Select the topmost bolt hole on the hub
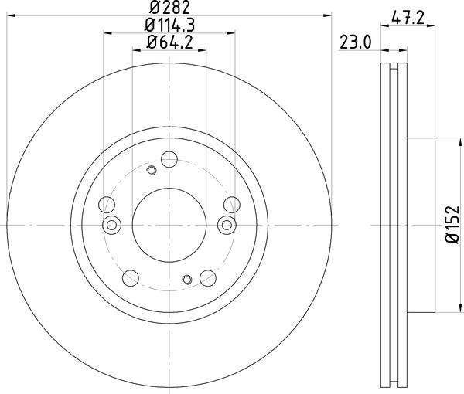169,161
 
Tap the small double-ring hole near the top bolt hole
152,170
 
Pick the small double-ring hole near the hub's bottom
186,279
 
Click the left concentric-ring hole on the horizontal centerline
112,225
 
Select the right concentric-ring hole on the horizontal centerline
226,225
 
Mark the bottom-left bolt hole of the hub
131,276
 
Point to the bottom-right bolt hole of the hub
206,276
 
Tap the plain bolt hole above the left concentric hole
108,205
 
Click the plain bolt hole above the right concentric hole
230,205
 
